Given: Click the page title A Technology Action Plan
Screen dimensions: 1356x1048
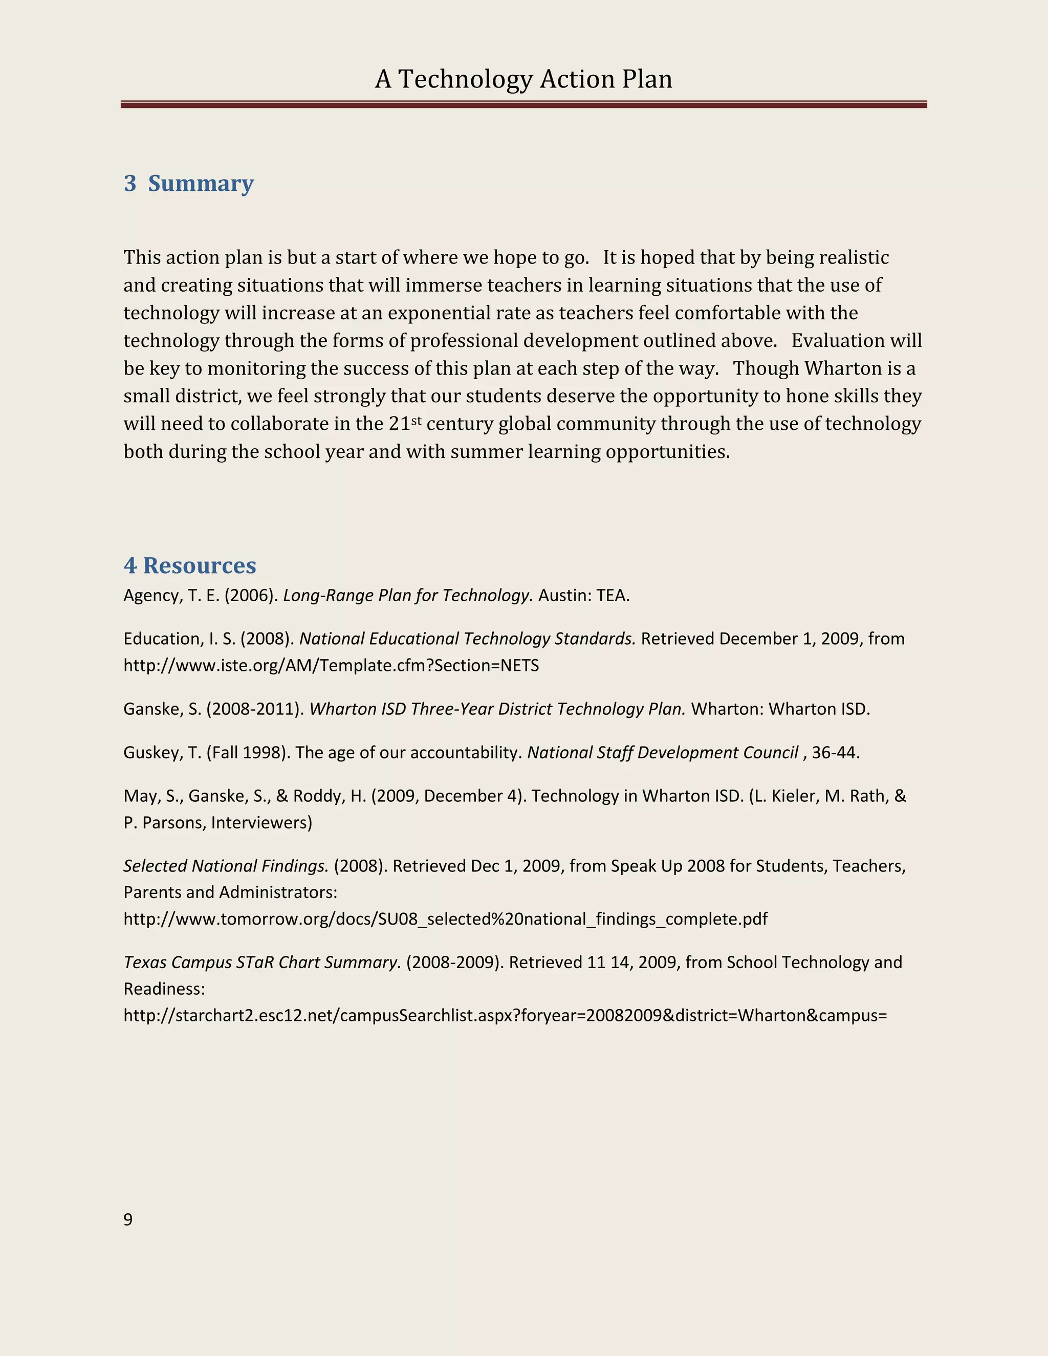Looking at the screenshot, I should [523, 79].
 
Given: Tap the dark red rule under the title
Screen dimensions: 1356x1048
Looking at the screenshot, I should [523, 105].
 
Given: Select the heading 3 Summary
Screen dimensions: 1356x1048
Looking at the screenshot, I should [189, 183].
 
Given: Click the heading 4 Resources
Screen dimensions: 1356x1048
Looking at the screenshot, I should [190, 565].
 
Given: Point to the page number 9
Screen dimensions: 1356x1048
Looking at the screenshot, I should [128, 1219].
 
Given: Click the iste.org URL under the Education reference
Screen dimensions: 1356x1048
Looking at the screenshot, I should [331, 666].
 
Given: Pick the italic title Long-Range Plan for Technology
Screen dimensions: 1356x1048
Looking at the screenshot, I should [408, 596].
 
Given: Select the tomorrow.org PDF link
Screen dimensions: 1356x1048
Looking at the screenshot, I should [445, 919].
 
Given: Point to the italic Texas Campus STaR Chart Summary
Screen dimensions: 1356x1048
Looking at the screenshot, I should [262, 963].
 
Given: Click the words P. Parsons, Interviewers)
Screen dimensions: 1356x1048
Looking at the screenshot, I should [217, 823].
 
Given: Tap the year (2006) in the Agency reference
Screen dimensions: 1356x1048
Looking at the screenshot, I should [251, 596].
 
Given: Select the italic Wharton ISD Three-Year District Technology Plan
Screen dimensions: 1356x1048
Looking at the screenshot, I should [497, 709].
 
